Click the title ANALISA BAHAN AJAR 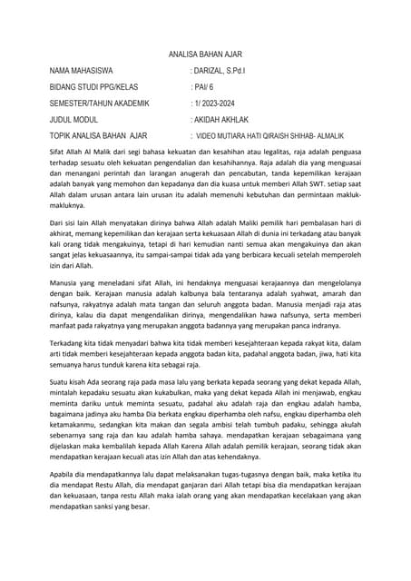click(205, 54)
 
